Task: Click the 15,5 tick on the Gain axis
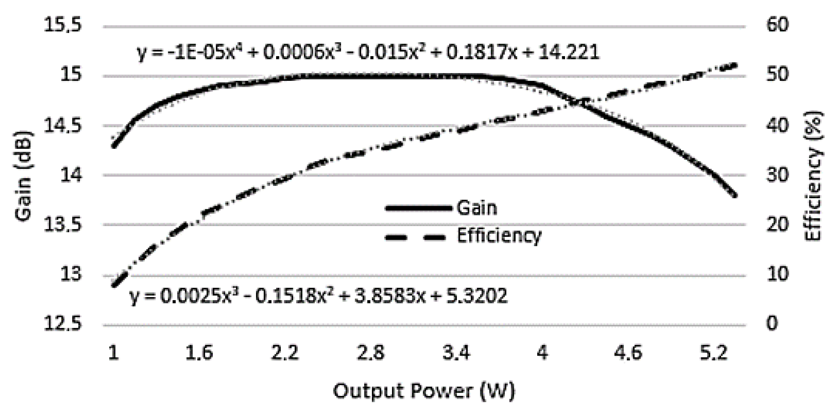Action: click(x=62, y=25)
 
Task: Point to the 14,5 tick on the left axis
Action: click(x=62, y=126)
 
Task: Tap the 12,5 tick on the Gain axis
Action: click(x=62, y=324)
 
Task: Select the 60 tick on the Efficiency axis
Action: click(x=777, y=25)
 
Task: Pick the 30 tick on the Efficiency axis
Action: click(x=777, y=175)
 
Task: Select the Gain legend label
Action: click(x=477, y=208)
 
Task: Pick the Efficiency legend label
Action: click(x=499, y=236)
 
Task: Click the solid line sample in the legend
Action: click(x=419, y=208)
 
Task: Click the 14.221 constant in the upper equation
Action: click(x=568, y=53)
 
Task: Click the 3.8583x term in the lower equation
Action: click(x=389, y=296)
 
